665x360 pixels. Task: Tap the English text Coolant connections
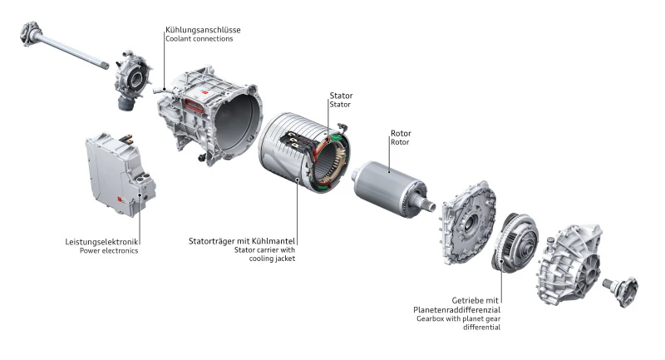tap(199, 40)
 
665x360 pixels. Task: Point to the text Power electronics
tap(109, 250)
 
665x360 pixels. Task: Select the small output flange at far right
tap(621, 290)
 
